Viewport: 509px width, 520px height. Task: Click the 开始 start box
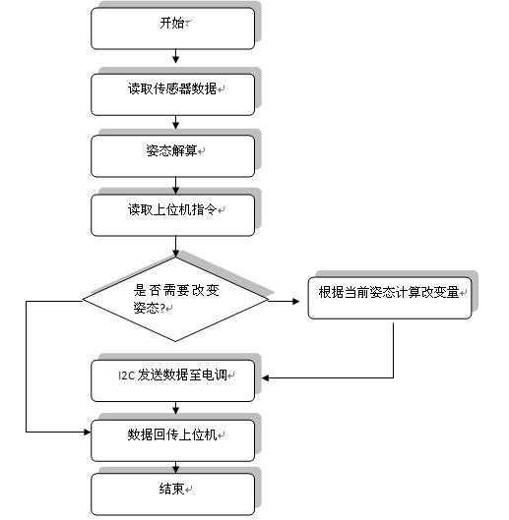click(172, 29)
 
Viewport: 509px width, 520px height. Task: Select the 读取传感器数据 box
click(172, 94)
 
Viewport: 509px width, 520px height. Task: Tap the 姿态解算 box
click(172, 156)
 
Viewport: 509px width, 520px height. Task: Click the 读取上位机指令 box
click(172, 215)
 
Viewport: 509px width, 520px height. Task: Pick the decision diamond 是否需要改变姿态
click(175, 299)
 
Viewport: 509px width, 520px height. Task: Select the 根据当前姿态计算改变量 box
click(390, 298)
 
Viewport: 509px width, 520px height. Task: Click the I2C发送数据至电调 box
click(172, 380)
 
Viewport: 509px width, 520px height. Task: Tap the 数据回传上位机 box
click(172, 440)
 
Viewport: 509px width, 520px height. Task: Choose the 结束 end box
click(172, 494)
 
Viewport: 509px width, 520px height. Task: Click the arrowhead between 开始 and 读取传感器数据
click(176, 59)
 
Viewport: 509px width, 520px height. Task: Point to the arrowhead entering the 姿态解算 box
click(176, 125)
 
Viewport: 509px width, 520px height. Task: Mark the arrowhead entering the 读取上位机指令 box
click(176, 190)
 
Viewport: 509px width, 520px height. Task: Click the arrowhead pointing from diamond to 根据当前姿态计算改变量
click(295, 301)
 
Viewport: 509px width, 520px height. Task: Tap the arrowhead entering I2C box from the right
click(266, 377)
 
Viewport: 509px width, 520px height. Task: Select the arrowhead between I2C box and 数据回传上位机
click(176, 411)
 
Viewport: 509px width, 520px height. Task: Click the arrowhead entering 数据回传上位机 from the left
click(87, 432)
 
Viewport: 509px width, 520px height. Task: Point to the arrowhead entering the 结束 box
click(176, 469)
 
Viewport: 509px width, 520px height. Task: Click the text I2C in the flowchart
click(127, 376)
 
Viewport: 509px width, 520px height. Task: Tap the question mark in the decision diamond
click(162, 309)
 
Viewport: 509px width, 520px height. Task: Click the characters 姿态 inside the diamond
click(146, 308)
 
